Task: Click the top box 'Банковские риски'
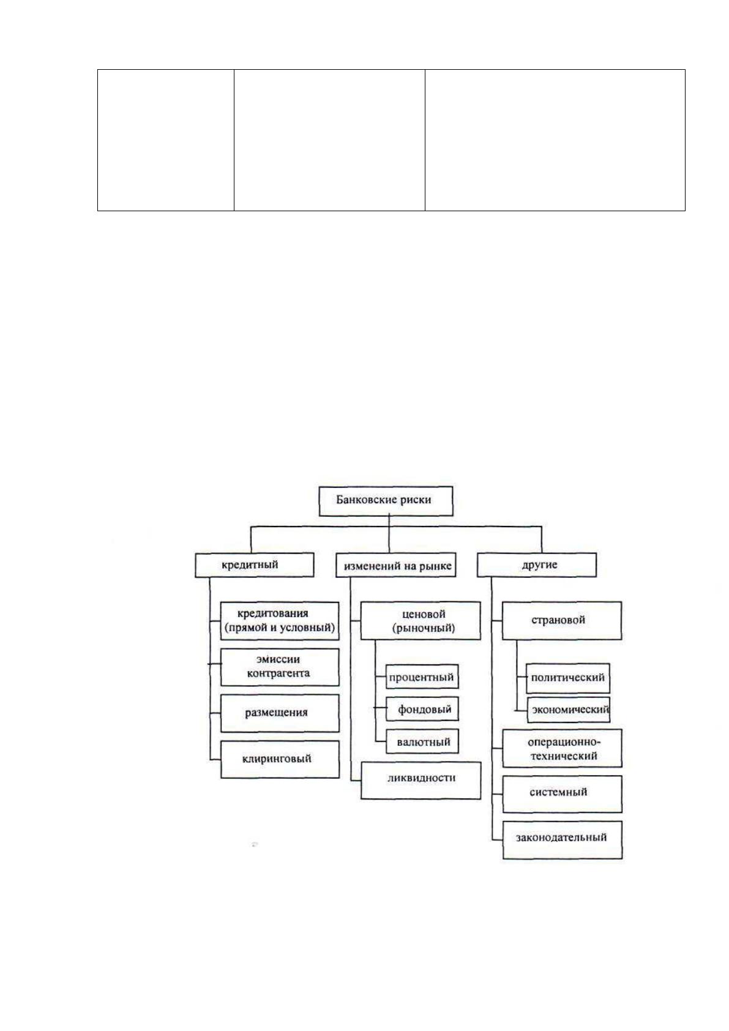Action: click(386, 501)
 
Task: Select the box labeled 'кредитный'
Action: click(254, 564)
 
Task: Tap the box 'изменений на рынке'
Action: click(396, 564)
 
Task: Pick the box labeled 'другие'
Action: click(537, 564)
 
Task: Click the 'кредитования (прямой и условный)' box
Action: click(280, 620)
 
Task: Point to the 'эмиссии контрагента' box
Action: click(280, 667)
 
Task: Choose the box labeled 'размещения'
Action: click(280, 713)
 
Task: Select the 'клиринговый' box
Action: click(280, 759)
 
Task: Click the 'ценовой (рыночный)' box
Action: click(421, 620)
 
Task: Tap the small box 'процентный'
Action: click(422, 677)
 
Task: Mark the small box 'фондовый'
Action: click(422, 709)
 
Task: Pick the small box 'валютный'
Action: click(422, 741)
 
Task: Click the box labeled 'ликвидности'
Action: click(421, 780)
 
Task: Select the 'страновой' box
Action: click(562, 620)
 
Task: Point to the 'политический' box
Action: click(568, 678)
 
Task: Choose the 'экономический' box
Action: click(568, 710)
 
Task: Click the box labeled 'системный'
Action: click(562, 794)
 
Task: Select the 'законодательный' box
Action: click(563, 840)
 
